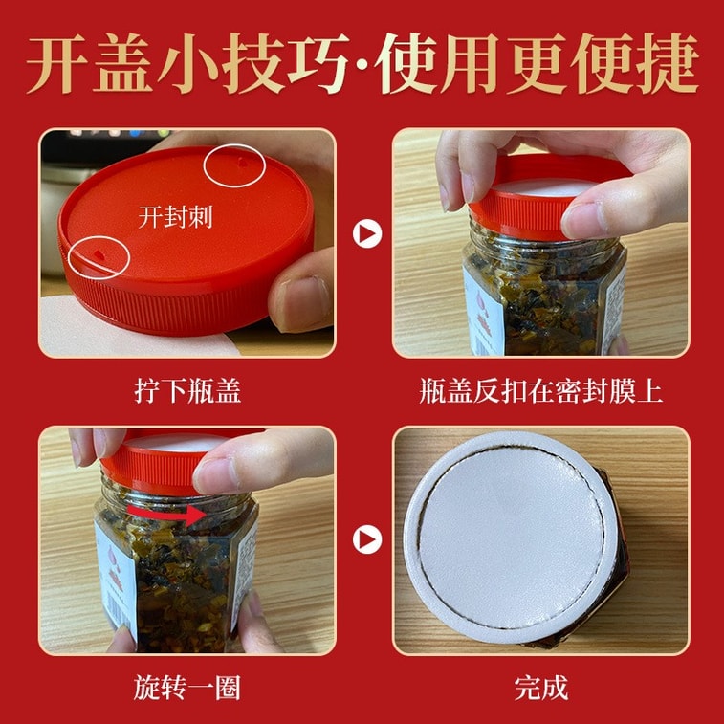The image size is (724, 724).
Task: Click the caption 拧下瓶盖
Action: click(x=186, y=391)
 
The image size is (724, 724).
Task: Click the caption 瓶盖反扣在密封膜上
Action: click(x=540, y=391)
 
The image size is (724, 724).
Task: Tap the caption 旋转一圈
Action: click(x=186, y=687)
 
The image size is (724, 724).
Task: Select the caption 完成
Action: click(x=540, y=687)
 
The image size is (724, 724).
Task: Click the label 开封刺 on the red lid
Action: click(x=175, y=217)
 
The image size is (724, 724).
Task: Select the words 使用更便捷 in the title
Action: click(x=539, y=65)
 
